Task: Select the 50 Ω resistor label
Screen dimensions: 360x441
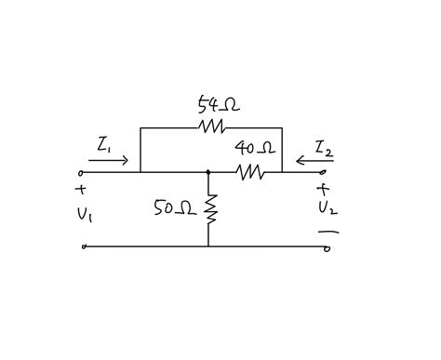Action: tap(174, 210)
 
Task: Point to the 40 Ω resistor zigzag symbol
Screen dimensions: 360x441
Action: tap(248, 172)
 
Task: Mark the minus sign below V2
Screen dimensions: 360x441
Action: tap(331, 231)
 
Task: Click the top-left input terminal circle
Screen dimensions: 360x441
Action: tap(83, 172)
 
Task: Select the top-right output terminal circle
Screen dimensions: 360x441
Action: tap(325, 172)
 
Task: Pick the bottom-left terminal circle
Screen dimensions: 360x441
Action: tap(84, 247)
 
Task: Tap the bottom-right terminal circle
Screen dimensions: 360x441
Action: tap(326, 247)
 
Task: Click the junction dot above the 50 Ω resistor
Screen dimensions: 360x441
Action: tap(208, 172)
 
